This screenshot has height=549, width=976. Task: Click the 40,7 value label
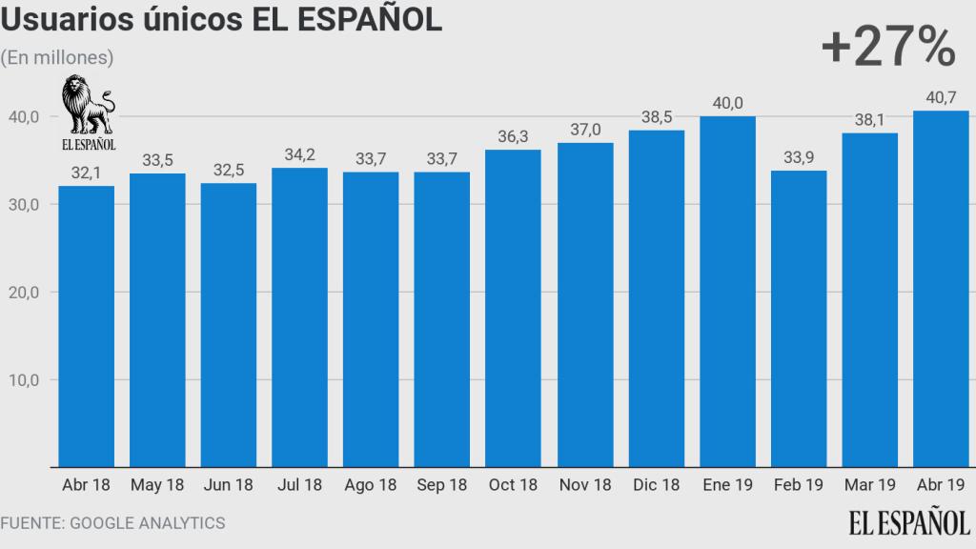click(x=942, y=96)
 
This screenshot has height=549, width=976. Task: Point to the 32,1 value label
click(x=86, y=172)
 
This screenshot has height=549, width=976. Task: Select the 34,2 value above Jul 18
click(x=300, y=153)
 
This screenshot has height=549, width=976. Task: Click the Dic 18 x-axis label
click(x=657, y=485)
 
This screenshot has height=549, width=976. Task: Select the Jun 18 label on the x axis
click(x=229, y=485)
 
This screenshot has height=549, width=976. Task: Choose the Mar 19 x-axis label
click(x=870, y=485)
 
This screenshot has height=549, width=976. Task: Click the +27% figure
click(x=887, y=48)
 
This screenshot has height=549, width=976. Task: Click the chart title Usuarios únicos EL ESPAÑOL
click(x=222, y=21)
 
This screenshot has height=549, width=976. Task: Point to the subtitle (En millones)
click(x=57, y=57)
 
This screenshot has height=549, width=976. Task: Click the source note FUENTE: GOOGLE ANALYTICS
click(x=112, y=522)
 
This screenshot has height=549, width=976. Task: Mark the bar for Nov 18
click(x=585, y=305)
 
